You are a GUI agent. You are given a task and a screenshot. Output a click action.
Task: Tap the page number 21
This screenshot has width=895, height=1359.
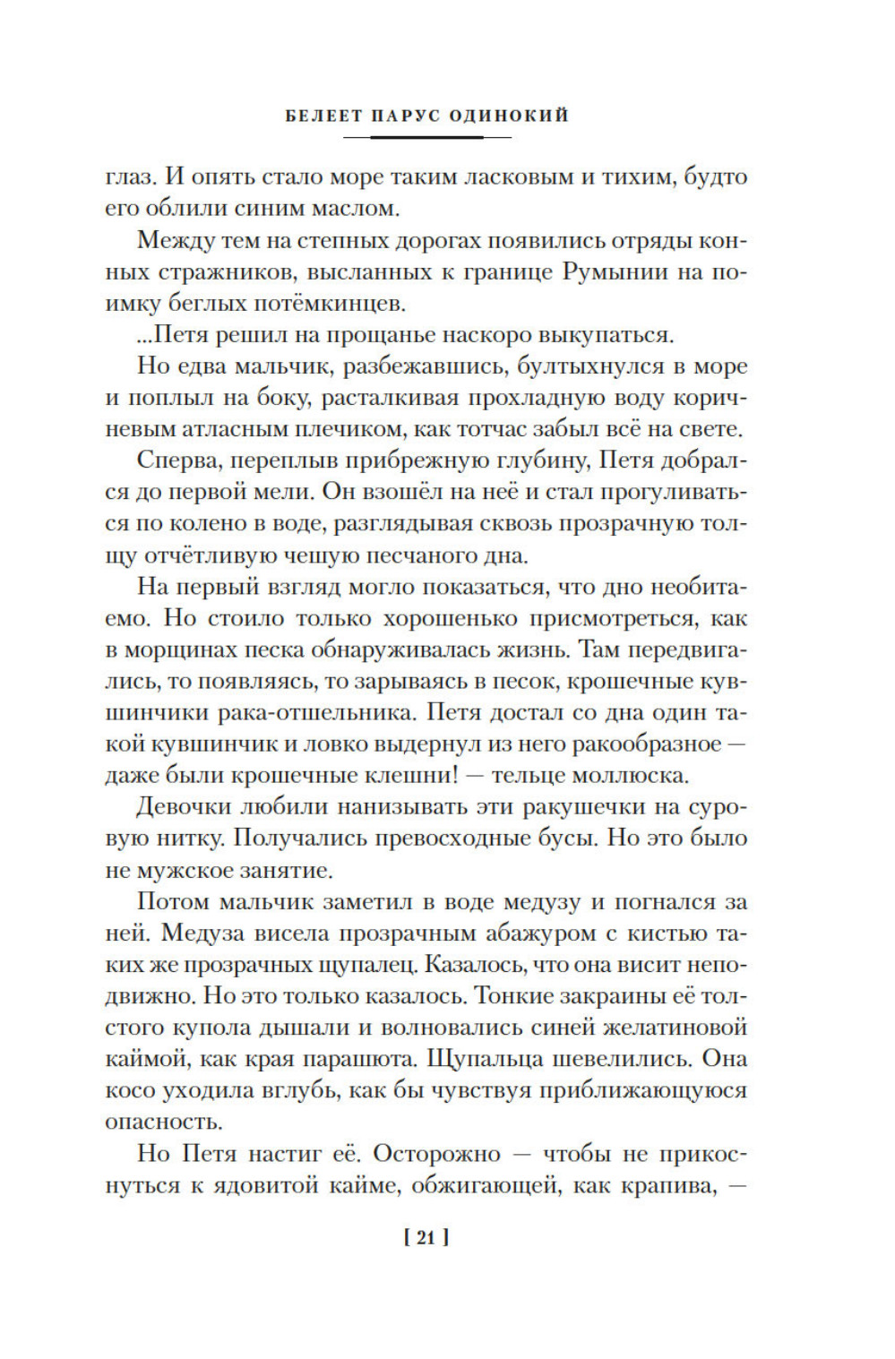[x=426, y=1237]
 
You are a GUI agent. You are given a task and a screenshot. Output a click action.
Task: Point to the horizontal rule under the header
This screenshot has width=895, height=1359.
[x=426, y=137]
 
